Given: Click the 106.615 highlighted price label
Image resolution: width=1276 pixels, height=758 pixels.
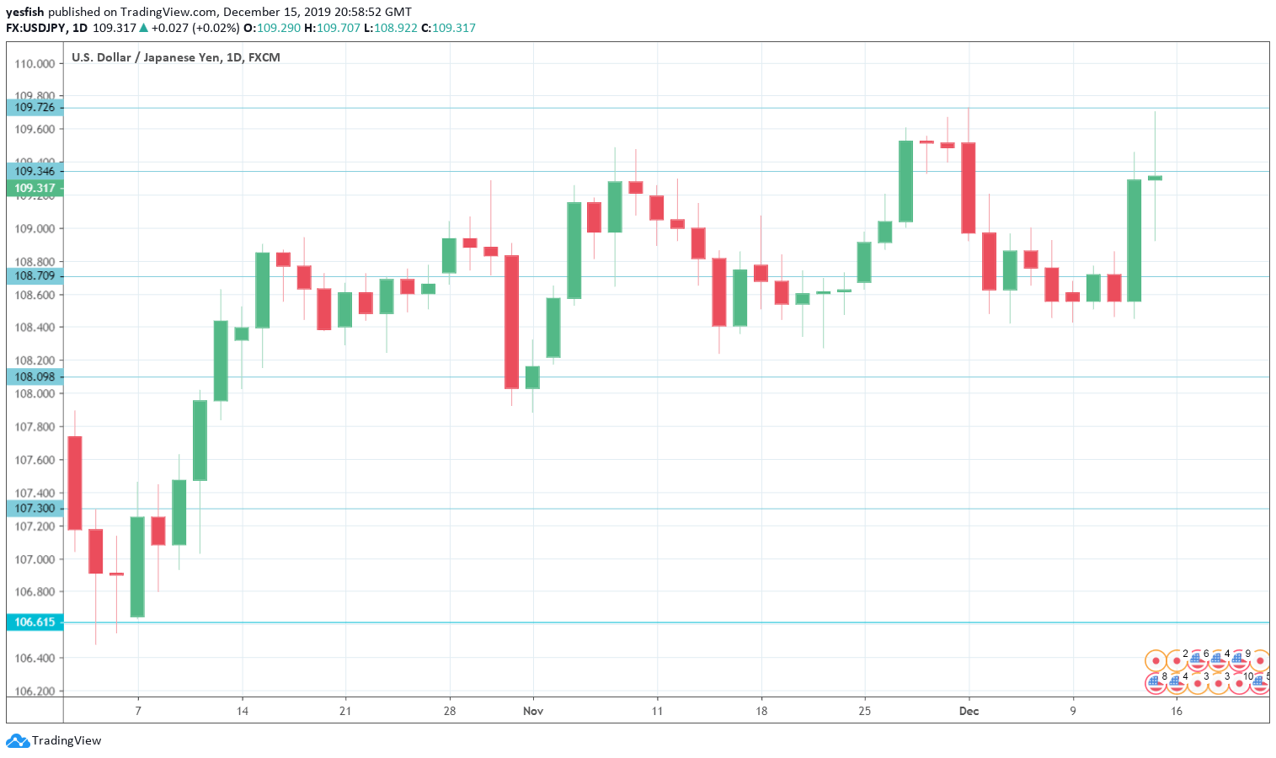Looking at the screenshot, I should (x=35, y=622).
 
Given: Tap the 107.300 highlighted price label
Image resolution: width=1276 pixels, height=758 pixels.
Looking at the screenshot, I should (x=35, y=509).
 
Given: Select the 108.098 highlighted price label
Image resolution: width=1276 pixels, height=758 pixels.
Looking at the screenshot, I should (x=35, y=377).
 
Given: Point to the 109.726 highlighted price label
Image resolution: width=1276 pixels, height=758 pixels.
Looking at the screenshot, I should (x=35, y=108).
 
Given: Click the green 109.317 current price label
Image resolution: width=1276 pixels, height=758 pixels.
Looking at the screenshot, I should (x=35, y=189).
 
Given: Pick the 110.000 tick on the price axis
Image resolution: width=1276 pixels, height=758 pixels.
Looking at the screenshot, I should (x=35, y=64).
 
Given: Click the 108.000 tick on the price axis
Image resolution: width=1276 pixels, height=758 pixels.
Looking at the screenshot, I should (x=35, y=394).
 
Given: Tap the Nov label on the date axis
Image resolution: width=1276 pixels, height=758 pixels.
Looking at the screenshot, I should (x=533, y=712).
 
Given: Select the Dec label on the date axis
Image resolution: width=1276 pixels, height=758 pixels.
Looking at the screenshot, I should (x=969, y=712).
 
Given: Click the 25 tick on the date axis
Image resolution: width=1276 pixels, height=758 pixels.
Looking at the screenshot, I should (x=864, y=712).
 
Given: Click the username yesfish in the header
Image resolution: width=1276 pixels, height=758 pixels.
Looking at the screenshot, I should (x=24, y=12).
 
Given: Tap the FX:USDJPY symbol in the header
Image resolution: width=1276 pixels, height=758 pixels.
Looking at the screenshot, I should (x=36, y=28).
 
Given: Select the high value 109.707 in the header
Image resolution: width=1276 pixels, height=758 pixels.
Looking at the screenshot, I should (x=338, y=28).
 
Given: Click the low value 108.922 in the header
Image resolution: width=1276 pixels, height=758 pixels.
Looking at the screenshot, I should (x=395, y=28).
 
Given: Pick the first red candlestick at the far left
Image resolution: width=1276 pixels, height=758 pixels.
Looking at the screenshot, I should (x=75, y=483).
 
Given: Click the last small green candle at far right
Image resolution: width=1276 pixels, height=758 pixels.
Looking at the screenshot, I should (x=1155, y=178).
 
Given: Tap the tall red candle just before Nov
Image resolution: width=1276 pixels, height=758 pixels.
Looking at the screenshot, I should (x=511, y=322).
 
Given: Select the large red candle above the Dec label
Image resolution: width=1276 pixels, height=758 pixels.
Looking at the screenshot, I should (x=969, y=188).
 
